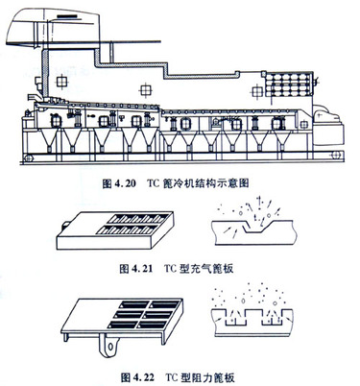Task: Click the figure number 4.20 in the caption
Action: coord(124,183)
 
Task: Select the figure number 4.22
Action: coord(143,377)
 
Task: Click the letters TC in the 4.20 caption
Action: coord(155,183)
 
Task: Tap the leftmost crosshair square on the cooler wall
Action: coord(61,82)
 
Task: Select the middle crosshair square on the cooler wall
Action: coord(145,90)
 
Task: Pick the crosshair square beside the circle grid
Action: coord(257,91)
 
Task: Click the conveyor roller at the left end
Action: coord(30,157)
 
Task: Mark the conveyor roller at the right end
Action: coord(335,156)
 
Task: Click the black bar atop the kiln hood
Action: coord(66,16)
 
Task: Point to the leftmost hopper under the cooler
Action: coord(49,140)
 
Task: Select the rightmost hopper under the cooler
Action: coord(281,141)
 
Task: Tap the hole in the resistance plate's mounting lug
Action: coord(110,346)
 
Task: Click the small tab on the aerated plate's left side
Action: coord(65,225)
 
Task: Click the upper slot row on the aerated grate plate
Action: coord(138,219)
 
